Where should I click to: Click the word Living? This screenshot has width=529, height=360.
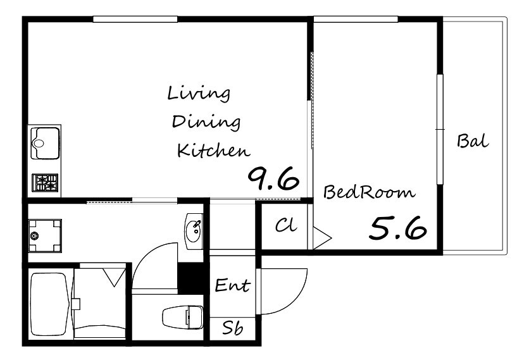(199, 94)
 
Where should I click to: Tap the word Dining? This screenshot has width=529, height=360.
(206, 122)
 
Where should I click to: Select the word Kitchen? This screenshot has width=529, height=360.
(213, 151)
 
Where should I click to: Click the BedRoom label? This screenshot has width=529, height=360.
(369, 192)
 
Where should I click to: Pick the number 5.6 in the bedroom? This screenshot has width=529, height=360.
(398, 228)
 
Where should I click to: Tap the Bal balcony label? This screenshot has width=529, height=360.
(473, 141)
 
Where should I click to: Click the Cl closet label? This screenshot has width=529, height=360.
(286, 225)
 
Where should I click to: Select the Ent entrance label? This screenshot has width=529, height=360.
(232, 285)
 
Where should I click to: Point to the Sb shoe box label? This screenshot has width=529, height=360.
(233, 327)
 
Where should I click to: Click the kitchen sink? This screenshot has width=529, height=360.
(45, 143)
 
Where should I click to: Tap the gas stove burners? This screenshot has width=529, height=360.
(45, 182)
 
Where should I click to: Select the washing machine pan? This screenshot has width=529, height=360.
(45, 236)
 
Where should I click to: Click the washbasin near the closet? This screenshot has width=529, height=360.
(194, 231)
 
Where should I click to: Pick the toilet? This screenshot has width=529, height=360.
(183, 317)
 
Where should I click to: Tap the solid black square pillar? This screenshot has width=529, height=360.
(190, 278)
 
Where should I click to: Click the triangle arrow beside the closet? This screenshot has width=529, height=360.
(322, 237)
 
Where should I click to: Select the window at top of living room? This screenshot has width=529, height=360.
(135, 19)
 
